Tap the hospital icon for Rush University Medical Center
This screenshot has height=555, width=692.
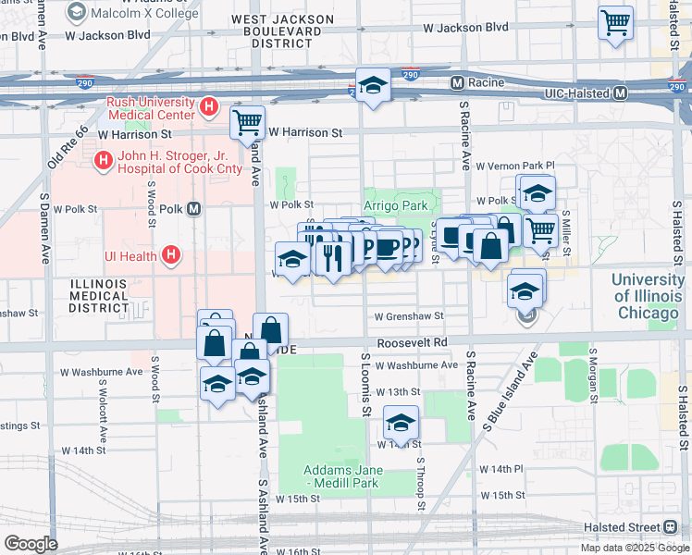click(210, 108)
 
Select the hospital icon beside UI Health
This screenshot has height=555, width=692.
click(169, 254)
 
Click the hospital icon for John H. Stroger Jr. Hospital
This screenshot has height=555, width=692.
click(103, 162)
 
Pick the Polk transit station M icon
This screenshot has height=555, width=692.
click(193, 209)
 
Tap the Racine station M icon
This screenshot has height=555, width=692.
click(456, 83)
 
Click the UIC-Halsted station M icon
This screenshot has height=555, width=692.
click(620, 92)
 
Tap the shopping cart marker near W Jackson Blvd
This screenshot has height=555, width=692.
click(615, 21)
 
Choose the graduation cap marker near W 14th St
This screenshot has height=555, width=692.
click(401, 422)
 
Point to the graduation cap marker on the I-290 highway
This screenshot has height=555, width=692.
click(373, 85)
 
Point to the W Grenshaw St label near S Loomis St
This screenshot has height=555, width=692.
click(408, 316)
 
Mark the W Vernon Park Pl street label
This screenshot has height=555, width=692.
click(513, 165)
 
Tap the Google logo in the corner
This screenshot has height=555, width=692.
click(31, 543)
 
